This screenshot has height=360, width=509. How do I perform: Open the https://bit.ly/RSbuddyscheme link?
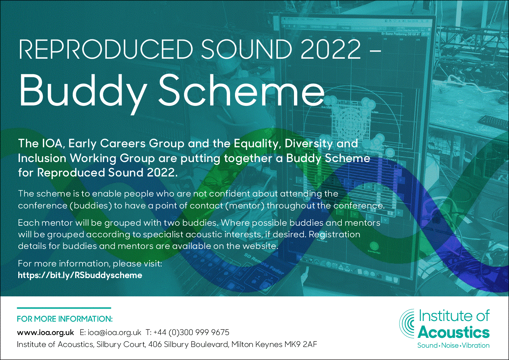(80, 275)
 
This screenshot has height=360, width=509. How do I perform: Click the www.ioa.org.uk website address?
(45, 333)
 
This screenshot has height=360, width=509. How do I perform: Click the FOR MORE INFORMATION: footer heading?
(65, 319)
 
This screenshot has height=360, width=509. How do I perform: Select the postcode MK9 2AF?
(301, 345)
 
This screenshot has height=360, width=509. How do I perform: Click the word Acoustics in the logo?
(453, 333)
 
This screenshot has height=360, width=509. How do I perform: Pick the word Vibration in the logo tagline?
(476, 346)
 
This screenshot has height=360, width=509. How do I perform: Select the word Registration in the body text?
(334, 234)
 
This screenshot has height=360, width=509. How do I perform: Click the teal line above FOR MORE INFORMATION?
(64, 308)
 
